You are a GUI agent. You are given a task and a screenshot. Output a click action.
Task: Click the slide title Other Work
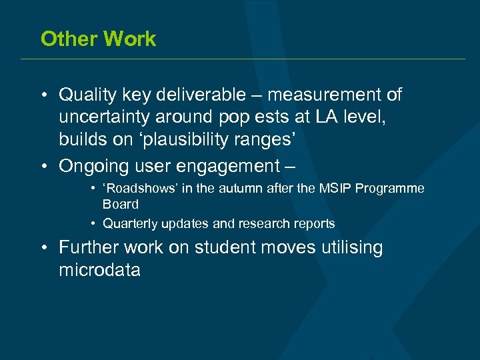(98, 39)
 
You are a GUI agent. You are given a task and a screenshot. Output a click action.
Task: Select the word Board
(121, 204)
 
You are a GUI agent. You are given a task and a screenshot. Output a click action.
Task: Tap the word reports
(314, 223)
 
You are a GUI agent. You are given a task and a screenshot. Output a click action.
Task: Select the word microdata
(99, 270)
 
